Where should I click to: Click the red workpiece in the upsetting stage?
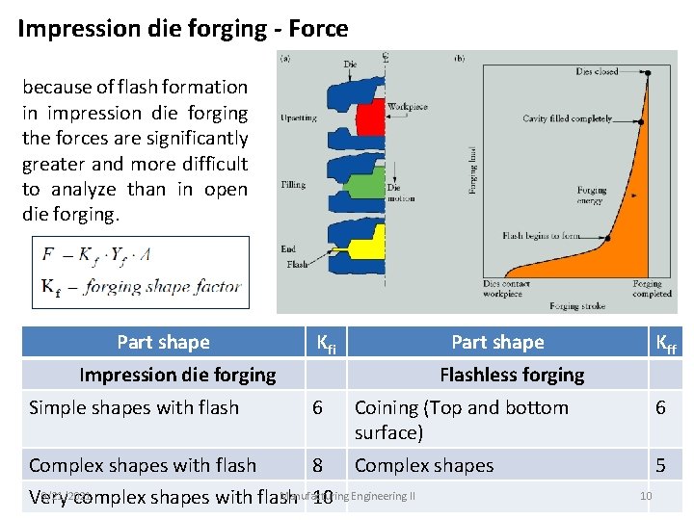[x=370, y=119]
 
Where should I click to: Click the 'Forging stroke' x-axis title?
[x=576, y=306]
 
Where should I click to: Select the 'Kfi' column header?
[x=327, y=343]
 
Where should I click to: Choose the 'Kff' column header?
[x=665, y=343]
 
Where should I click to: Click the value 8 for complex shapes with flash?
[x=318, y=465]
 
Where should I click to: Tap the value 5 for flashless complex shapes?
[x=660, y=465]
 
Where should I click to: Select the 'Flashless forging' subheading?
[x=512, y=375]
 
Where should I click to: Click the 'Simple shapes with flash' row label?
[x=134, y=407]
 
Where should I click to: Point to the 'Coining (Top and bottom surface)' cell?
[x=462, y=420]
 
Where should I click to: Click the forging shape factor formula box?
[x=140, y=272]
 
